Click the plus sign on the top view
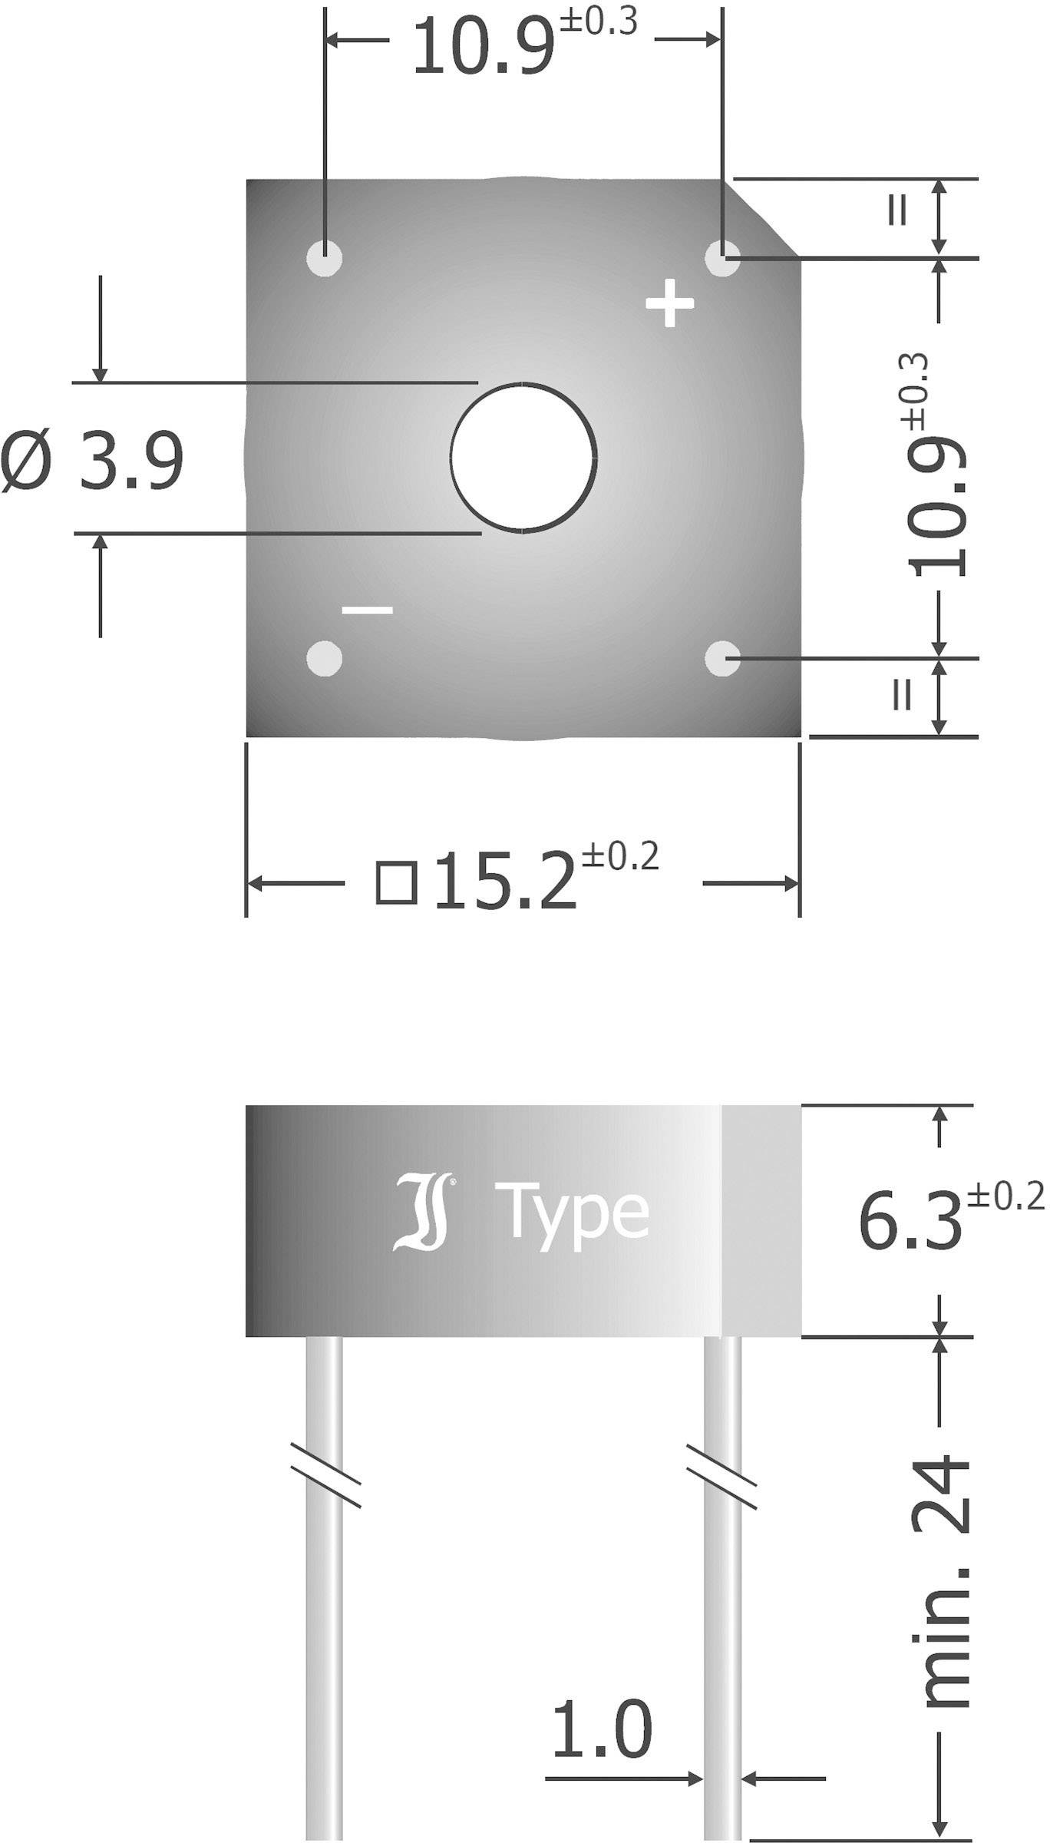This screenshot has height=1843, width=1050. click(669, 303)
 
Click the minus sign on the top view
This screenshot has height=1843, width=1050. click(367, 610)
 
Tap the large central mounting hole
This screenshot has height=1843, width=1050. click(523, 458)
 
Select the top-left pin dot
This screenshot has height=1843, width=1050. click(324, 257)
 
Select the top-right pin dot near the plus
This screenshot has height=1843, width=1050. click(722, 258)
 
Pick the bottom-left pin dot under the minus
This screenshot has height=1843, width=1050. click(324, 658)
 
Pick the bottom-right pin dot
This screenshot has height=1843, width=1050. click(722, 658)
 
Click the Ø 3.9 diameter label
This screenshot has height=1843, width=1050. click(92, 462)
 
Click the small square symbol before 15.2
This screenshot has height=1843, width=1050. click(396, 883)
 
